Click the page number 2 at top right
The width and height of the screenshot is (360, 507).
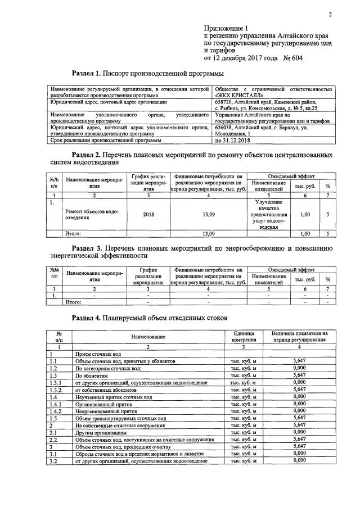[330, 15]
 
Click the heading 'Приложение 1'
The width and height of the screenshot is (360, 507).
[226, 28]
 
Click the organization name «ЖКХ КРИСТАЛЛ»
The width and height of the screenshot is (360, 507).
[240, 96]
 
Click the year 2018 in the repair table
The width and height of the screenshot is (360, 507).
[148, 215]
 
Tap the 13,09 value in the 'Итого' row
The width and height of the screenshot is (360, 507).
[208, 233]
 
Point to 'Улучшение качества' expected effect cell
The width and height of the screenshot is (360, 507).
[272, 206]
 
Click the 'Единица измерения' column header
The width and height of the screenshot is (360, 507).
[242, 336]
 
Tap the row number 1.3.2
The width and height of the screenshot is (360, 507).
[55, 389]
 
